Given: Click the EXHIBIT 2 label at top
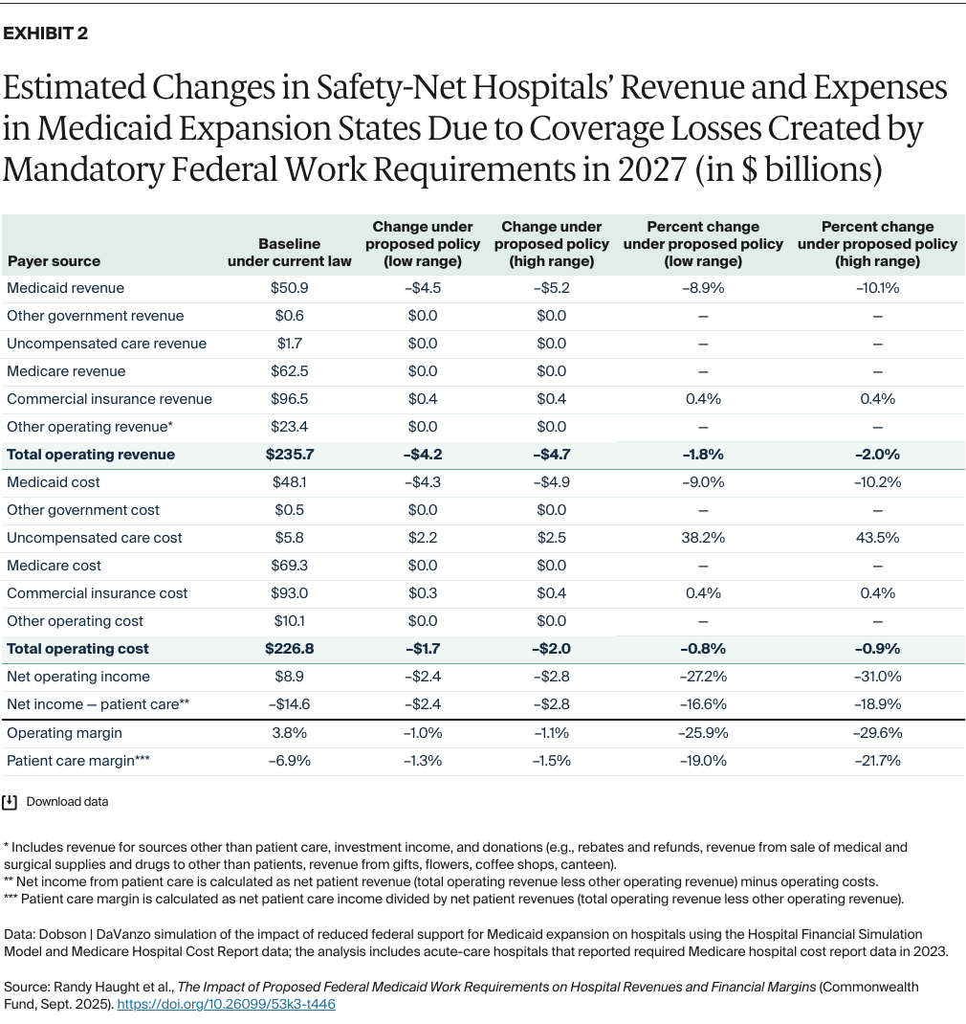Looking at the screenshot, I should click(x=47, y=33).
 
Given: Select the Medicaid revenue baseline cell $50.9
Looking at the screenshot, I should click(x=289, y=288).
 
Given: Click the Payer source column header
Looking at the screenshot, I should click(x=54, y=261).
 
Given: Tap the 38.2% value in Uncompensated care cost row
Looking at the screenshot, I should click(x=703, y=538).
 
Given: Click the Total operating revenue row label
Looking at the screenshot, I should click(x=91, y=455).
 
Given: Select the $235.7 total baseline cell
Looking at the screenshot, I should click(x=289, y=455).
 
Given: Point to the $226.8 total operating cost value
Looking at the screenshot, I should click(x=289, y=649).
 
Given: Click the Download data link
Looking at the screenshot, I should click(x=67, y=802).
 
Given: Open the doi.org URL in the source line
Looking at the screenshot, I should click(x=226, y=1005).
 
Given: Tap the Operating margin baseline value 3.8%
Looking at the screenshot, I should click(x=289, y=733).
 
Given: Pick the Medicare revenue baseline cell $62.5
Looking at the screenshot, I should click(x=289, y=371).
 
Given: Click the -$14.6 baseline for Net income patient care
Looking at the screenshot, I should click(x=289, y=704).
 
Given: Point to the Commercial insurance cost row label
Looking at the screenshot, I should click(x=98, y=593).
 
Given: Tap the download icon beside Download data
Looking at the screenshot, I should click(x=11, y=802).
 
